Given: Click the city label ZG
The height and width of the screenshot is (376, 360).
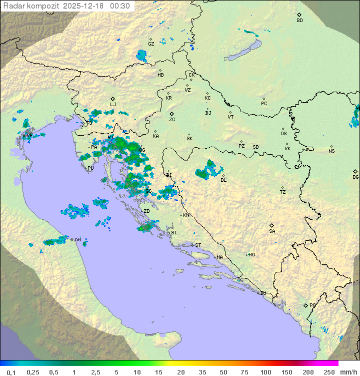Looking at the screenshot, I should pyautogui.click(x=172, y=120).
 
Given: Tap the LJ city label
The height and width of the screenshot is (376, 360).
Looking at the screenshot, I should pyautogui.click(x=113, y=105).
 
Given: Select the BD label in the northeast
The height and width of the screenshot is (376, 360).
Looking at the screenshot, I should pyautogui.click(x=299, y=21).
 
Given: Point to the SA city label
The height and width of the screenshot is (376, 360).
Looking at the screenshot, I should pyautogui.click(x=272, y=231).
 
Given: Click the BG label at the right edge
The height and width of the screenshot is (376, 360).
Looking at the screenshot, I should pyautogui.click(x=355, y=177).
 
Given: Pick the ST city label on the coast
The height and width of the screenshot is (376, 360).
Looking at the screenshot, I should pyautogui.click(x=198, y=245).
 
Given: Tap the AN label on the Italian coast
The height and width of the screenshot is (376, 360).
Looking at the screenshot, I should pyautogui.click(x=77, y=240).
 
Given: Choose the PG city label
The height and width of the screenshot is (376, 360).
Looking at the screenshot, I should pyautogui.click(x=312, y=305).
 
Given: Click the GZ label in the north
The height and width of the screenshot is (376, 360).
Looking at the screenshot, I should pyautogui.click(x=151, y=44).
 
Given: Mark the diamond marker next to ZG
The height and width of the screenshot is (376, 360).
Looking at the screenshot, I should pyautogui.click(x=171, y=114).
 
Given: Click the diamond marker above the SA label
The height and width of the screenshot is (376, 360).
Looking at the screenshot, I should pyautogui.click(x=271, y=225).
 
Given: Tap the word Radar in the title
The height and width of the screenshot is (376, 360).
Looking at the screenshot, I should pyautogui.click(x=13, y=6).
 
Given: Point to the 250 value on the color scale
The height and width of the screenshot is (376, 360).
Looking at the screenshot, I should pyautogui.click(x=328, y=372).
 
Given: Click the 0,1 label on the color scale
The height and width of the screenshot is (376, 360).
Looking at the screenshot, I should pyautogui.click(x=11, y=372).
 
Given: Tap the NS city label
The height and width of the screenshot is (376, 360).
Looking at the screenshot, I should pyautogui.click(x=331, y=151).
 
